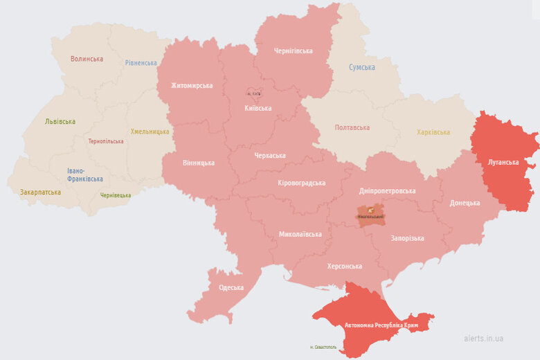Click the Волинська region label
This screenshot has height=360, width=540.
pyautogui.click(x=87, y=59)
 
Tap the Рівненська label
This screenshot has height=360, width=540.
pyautogui.click(x=141, y=63)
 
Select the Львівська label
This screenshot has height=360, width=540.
pyautogui.click(x=60, y=121)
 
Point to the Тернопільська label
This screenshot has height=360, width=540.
pyautogui.click(x=106, y=141)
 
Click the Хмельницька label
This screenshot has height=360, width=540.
pyautogui.click(x=150, y=132)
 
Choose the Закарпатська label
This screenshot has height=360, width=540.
pyautogui.click(x=40, y=192)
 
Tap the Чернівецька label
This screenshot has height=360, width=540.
pyautogui.click(x=115, y=195)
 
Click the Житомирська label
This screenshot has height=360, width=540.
pyautogui.click(x=192, y=86)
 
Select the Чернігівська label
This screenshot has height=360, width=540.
pyautogui.click(x=293, y=51)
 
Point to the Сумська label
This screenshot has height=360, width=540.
pyautogui.click(x=361, y=67)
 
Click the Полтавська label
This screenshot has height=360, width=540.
pyautogui.click(x=352, y=127)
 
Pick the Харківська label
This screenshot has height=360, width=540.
pyautogui.click(x=433, y=132)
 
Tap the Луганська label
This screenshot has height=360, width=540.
pyautogui.click(x=503, y=162)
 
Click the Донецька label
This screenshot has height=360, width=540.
pyautogui.click(x=464, y=203)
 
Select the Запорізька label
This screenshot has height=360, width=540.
pyautogui.click(x=407, y=238)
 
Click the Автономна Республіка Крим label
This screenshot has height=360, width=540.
pyautogui.click(x=372, y=325)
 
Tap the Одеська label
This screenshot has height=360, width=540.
pyautogui.click(x=231, y=287)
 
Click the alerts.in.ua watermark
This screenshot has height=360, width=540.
pyautogui.click(x=483, y=338)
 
